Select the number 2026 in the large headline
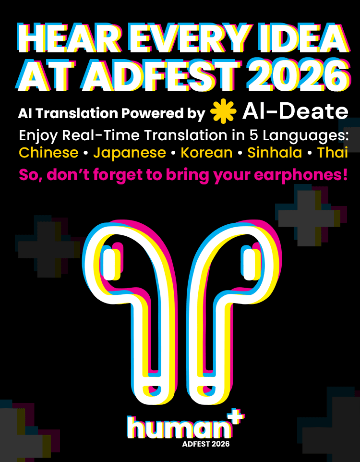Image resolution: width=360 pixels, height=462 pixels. (x=298, y=76)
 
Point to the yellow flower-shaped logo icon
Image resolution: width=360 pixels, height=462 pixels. (x=223, y=111)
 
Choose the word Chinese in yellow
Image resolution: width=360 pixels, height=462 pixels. (x=48, y=153)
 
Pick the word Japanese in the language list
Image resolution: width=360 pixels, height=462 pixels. (x=130, y=153)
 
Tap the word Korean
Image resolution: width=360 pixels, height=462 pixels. (x=206, y=153)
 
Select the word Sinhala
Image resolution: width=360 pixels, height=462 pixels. (x=275, y=153)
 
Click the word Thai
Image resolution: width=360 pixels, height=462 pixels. (x=333, y=153)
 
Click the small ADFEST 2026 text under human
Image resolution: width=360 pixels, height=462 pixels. (x=205, y=444)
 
